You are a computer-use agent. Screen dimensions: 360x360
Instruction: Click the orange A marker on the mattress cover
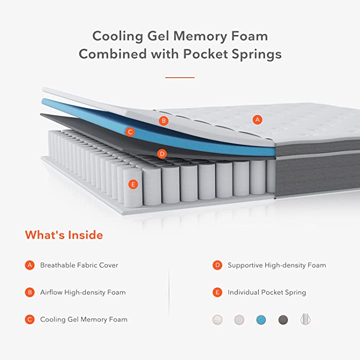257,120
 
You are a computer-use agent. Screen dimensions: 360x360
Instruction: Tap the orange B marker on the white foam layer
164,121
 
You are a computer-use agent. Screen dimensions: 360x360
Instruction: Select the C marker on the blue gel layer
130,132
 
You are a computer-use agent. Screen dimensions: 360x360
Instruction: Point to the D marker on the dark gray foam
162,154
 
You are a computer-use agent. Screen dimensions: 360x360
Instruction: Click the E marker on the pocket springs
133,184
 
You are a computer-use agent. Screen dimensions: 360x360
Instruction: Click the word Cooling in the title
118,37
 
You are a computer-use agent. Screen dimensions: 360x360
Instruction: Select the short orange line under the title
180,78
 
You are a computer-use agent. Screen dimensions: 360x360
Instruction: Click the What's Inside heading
64,235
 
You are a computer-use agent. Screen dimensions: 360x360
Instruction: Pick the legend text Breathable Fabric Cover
79,265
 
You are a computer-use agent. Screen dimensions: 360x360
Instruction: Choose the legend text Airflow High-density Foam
83,292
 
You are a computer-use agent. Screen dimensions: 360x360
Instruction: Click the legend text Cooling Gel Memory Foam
83,319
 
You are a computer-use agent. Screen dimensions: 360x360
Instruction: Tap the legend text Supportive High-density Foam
277,265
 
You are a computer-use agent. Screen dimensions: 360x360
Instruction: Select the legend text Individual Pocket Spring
267,292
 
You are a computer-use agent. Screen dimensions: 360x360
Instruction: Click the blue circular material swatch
261,319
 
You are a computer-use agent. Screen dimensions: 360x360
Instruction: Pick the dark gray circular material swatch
283,319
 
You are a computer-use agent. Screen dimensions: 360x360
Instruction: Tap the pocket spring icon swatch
305,319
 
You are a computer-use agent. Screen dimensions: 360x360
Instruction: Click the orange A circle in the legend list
30,265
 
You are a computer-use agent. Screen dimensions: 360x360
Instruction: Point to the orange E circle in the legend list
217,292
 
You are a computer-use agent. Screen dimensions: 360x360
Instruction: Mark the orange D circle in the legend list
217,265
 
